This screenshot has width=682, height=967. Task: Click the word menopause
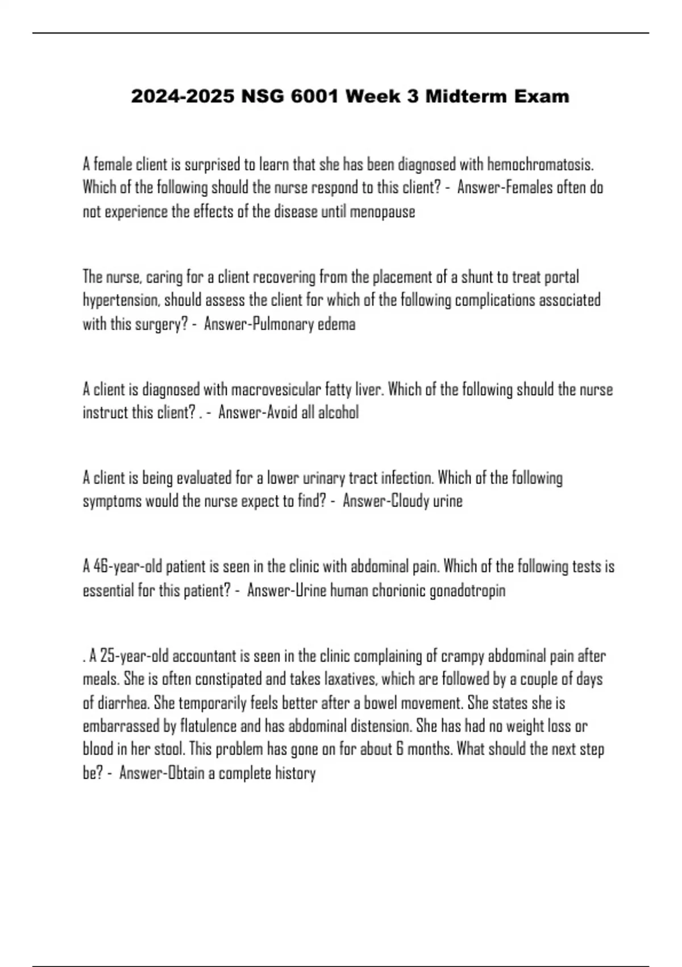point(382,212)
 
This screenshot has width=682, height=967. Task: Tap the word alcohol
point(338,412)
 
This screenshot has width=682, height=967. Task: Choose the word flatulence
point(209,726)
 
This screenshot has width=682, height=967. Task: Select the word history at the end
point(295,773)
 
